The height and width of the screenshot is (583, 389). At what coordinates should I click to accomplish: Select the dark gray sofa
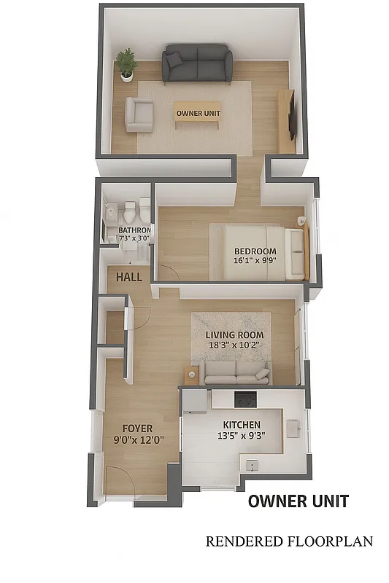click(197, 63)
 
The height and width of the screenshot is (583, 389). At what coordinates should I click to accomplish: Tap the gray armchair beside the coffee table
click(139, 114)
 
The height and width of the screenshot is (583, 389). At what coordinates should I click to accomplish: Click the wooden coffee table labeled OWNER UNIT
click(198, 114)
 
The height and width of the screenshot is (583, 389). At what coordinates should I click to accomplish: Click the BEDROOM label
click(255, 251)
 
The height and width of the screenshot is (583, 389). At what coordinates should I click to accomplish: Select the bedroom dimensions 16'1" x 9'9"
click(255, 261)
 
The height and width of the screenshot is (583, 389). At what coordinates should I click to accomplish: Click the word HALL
click(129, 277)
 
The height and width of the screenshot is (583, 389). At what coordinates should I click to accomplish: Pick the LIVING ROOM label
click(234, 335)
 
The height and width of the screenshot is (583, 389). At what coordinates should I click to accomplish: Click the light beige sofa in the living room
click(236, 373)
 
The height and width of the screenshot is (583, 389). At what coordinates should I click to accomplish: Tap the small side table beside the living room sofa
click(191, 376)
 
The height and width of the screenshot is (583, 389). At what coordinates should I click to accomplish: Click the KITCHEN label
click(241, 425)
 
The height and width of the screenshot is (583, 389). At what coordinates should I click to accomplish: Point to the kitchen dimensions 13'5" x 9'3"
click(241, 436)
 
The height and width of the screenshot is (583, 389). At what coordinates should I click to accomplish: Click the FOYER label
click(137, 429)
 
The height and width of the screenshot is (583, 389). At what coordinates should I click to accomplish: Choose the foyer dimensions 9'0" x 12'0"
click(137, 440)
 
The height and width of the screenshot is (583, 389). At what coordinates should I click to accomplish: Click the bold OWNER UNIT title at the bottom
click(298, 501)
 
